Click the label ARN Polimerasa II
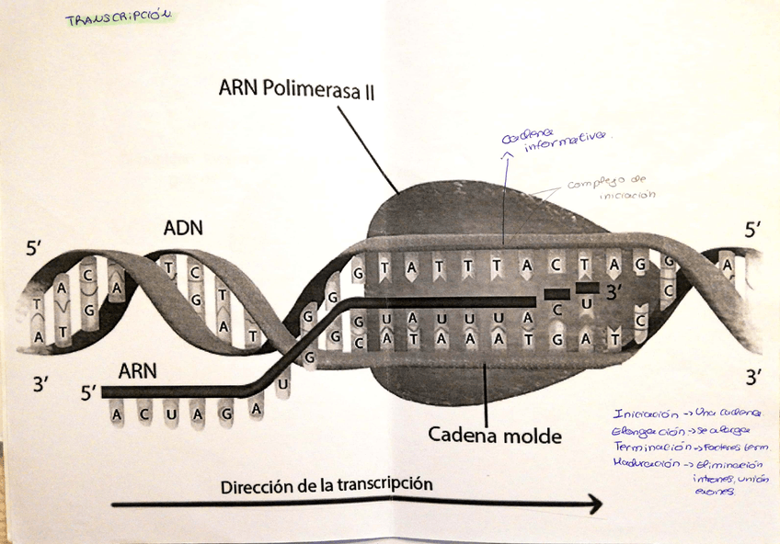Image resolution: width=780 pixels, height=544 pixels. click(x=295, y=89)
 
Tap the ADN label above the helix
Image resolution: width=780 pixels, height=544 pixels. click(x=183, y=227)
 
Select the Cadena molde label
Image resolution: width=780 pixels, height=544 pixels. click(x=494, y=435)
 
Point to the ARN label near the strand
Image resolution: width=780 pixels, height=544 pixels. click(x=138, y=371)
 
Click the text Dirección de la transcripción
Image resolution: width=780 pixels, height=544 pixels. click(x=327, y=484)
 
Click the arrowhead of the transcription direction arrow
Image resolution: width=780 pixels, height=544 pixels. click(x=595, y=504)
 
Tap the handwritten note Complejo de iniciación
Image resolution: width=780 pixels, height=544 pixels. click(x=608, y=188)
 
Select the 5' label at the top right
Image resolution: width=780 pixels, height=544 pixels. click(x=752, y=230)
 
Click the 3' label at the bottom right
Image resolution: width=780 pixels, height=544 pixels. click(x=754, y=377)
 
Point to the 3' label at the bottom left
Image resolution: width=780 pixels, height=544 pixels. click(x=40, y=384)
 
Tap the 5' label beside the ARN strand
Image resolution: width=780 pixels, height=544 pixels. click(x=88, y=392)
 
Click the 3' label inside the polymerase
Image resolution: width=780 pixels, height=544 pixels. click(x=615, y=292)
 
